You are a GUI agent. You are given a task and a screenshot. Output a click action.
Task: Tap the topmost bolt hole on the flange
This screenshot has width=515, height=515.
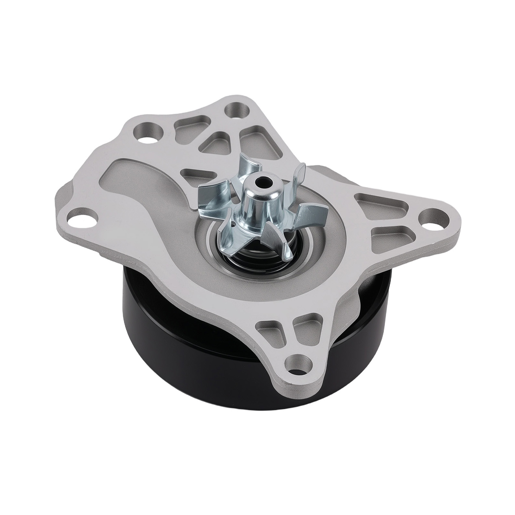point(235,110)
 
